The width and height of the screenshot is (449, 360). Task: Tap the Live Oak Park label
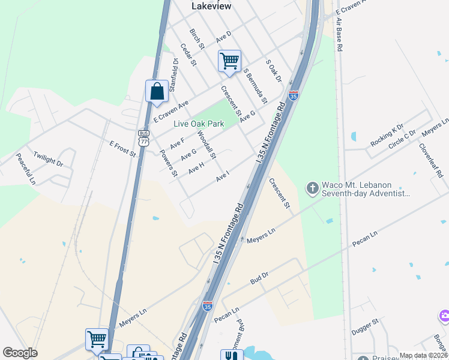(x=199, y=124)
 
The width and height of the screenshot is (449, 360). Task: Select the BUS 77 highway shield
(x=143, y=139)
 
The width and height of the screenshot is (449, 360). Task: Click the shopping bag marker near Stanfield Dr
(x=157, y=91)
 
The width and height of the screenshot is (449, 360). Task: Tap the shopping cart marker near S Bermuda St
(x=229, y=61)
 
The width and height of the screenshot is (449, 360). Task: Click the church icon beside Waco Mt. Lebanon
(x=312, y=189)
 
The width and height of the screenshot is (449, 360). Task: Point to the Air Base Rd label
(x=340, y=34)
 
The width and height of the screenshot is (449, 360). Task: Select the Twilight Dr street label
(x=48, y=159)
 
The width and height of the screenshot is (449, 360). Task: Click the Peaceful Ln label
(x=26, y=169)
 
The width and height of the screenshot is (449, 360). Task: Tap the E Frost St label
(x=122, y=149)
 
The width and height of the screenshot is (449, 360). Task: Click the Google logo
(x=20, y=353)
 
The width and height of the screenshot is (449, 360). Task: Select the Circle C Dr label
(x=402, y=140)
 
